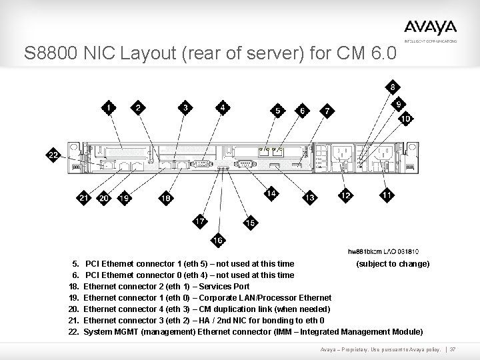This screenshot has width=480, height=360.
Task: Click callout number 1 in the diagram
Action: click(x=109, y=107)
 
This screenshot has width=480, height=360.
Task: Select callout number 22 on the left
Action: click(x=53, y=155)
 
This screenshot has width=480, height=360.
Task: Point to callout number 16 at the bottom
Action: click(x=218, y=240)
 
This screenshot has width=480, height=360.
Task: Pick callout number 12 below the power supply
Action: click(x=345, y=195)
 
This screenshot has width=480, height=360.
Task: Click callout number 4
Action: click(x=223, y=107)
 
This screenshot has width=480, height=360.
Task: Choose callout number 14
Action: click(x=271, y=194)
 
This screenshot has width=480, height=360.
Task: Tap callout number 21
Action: click(x=83, y=197)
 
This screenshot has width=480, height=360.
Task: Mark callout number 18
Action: click(x=166, y=197)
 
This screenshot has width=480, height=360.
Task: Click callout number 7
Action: click(x=326, y=111)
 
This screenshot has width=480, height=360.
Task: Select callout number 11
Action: click(x=387, y=195)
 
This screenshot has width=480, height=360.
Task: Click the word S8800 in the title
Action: click(x=46, y=53)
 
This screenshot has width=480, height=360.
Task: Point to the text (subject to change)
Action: click(x=393, y=263)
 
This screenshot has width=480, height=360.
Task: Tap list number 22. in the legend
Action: click(x=73, y=331)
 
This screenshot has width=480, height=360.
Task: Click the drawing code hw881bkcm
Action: click(x=365, y=251)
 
